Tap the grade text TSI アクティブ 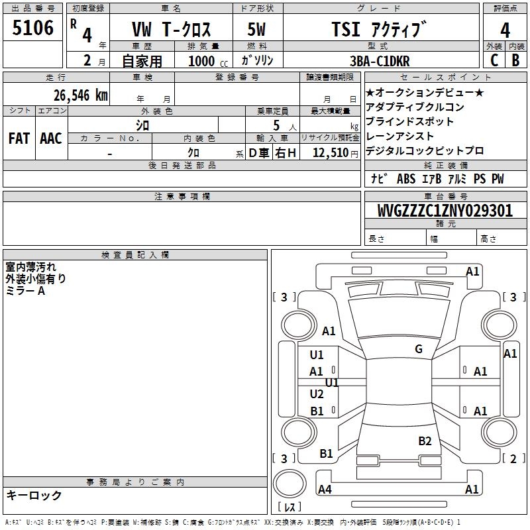point(378,30)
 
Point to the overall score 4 point(505,30)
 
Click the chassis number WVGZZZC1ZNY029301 point(445,211)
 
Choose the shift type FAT point(19,138)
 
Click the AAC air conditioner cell point(51,138)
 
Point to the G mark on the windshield point(418,349)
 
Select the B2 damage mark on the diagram point(425,441)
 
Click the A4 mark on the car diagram point(325,490)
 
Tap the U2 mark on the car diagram point(317,394)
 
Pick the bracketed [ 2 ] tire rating point(509,458)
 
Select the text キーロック point(34,496)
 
